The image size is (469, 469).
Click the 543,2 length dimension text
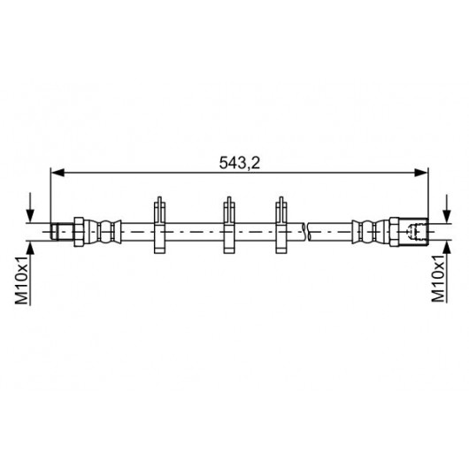[x=239, y=163]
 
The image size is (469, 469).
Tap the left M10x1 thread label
[x=22, y=280]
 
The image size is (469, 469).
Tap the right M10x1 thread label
[x=438, y=278]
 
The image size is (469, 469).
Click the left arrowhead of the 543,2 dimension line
[x=58, y=173]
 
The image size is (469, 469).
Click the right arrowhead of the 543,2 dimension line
[x=421, y=173]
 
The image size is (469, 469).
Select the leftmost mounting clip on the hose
[x=159, y=226]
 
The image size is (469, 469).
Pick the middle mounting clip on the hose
[x=229, y=226]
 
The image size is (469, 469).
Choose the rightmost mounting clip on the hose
[x=281, y=226]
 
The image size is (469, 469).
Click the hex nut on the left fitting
[x=79, y=232]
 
